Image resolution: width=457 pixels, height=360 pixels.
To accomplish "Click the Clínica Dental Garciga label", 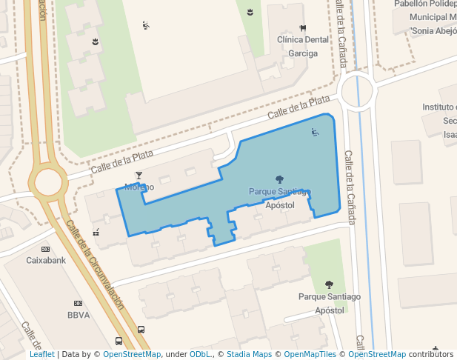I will [x=302, y=46].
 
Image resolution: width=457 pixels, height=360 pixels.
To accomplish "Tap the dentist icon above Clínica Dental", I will [x=303, y=28].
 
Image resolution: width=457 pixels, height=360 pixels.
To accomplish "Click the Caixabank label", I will [x=47, y=261].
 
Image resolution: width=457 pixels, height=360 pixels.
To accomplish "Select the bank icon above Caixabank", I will [x=46, y=249].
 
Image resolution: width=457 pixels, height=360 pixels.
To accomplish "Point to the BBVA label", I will [x=78, y=315].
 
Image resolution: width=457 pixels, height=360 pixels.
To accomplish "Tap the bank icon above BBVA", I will [x=78, y=303].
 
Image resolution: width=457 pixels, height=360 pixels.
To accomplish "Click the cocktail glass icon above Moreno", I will [x=139, y=176].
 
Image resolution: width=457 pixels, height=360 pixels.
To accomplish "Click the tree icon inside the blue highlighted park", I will [x=278, y=179].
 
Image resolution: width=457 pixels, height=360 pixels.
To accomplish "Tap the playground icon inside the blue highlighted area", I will [x=315, y=133].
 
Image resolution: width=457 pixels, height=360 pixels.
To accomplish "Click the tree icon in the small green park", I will [x=329, y=284].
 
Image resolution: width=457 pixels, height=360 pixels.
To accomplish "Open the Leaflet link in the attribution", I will [x=42, y=354].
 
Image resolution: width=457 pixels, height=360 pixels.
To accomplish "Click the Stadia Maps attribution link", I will [x=249, y=354].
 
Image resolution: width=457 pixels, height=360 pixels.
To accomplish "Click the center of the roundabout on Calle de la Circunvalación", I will [x=48, y=181].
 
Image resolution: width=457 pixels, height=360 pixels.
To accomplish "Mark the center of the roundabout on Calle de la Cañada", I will [x=356, y=92].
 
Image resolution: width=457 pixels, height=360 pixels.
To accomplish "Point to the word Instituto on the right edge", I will [x=439, y=107].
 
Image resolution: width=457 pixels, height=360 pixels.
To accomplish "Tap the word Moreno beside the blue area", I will [x=139, y=187].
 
